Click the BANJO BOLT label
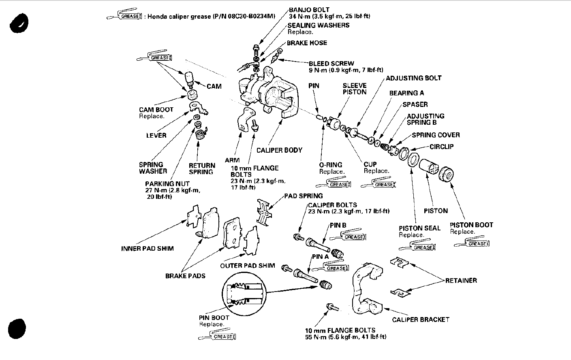(309, 10)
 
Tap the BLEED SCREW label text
(331, 64)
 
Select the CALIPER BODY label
(279, 150)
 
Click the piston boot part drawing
(447, 174)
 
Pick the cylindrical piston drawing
(429, 168)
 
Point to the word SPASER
(415, 104)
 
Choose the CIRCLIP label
(441, 147)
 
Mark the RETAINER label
(461, 280)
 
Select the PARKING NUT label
(167, 183)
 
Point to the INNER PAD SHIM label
(147, 249)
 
